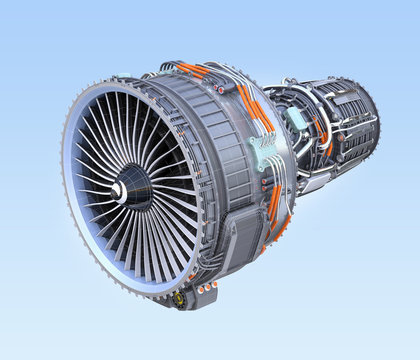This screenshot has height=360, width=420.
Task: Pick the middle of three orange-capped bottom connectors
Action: pyautogui.click(x=208, y=291)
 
